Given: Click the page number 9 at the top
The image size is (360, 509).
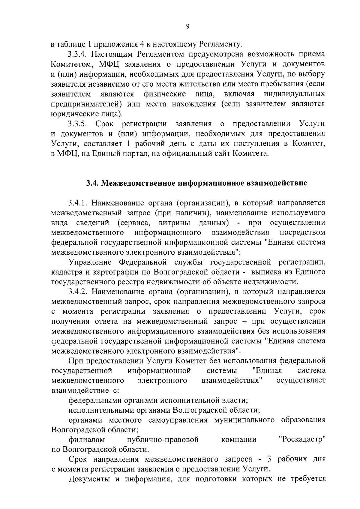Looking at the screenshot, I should (188, 27).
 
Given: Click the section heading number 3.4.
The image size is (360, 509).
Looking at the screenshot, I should (92, 183).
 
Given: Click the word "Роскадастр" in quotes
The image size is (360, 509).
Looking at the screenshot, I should (302, 440).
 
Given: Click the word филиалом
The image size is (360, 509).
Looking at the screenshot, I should (87, 440).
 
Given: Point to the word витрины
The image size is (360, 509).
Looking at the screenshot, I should (174, 223).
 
